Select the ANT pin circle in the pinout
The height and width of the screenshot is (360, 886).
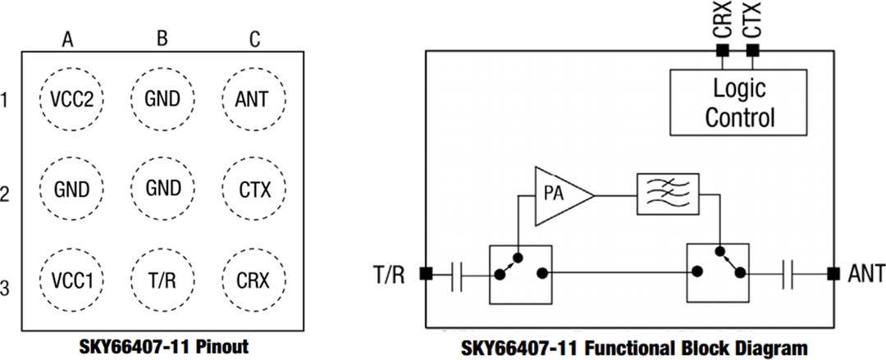(256, 100)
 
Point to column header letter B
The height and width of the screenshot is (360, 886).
(162, 39)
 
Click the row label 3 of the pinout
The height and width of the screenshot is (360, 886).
(7, 288)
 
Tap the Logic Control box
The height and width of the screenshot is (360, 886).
(738, 102)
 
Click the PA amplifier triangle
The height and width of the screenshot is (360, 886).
(560, 195)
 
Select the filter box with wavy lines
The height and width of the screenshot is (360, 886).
(667, 195)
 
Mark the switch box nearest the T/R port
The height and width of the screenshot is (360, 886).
(520, 273)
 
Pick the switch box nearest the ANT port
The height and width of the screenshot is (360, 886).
(718, 273)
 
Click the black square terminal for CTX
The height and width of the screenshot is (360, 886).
(752, 51)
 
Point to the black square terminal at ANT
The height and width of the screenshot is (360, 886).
(833, 273)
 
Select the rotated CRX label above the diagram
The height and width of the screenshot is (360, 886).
(722, 20)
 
